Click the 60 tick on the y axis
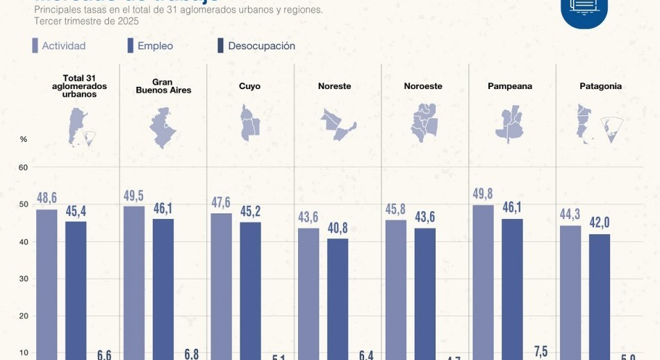(x=23, y=167)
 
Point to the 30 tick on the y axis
(x=23, y=279)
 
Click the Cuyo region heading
(x=249, y=86)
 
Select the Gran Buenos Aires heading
(x=163, y=86)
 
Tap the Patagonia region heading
(x=600, y=86)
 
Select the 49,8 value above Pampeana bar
(x=483, y=193)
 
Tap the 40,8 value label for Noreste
(x=338, y=227)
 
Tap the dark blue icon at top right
(x=584, y=10)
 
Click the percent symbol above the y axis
(x=23, y=139)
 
